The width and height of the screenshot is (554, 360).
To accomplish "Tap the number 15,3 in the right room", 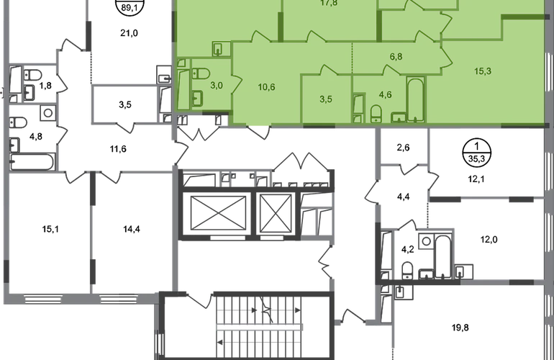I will click(483, 71).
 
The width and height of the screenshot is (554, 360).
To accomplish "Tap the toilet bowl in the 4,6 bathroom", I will click(376, 113).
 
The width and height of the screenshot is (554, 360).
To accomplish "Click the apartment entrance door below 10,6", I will click(258, 130).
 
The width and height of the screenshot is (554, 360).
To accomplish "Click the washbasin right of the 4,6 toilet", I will click(399, 115).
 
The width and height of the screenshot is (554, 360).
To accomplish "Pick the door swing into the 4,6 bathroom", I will click(393, 70).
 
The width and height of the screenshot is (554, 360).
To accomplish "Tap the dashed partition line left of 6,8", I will click(352, 58).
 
